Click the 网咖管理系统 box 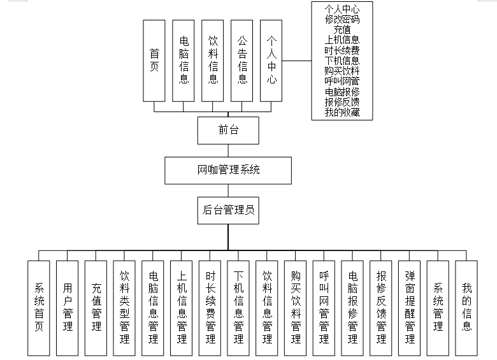pyautogui.click(x=228, y=170)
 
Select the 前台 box pyautogui.click(x=228, y=130)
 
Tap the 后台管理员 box pyautogui.click(x=228, y=210)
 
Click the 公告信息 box pyautogui.click(x=242, y=61)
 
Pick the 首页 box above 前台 pyautogui.click(x=154, y=61)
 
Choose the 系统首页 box pyautogui.click(x=39, y=307)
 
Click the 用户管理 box pyautogui.click(x=68, y=307)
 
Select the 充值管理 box pyautogui.click(x=96, y=307)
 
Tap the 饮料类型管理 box pyautogui.click(x=124, y=307)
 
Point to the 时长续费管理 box pyautogui.click(x=210, y=307)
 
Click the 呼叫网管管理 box pyautogui.click(x=324, y=307)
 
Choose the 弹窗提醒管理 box pyautogui.click(x=409, y=307)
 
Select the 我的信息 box pyautogui.click(x=466, y=307)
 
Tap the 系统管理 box pyautogui.click(x=438, y=307)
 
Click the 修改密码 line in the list pyautogui.click(x=342, y=19)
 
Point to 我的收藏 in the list pyautogui.click(x=342, y=113)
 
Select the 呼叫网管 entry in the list pyautogui.click(x=342, y=82)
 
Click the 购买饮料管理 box pyautogui.click(x=296, y=307)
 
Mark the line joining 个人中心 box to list pyautogui.click(x=296, y=61)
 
